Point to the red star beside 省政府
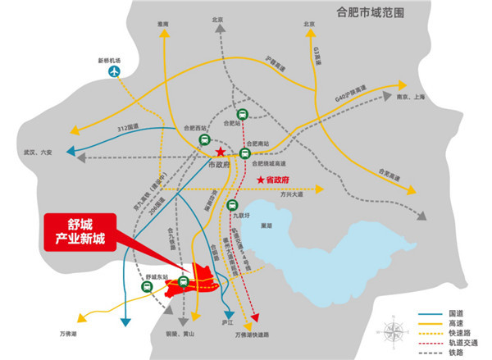(x=261, y=180)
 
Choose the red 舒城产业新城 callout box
(x=79, y=229)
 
